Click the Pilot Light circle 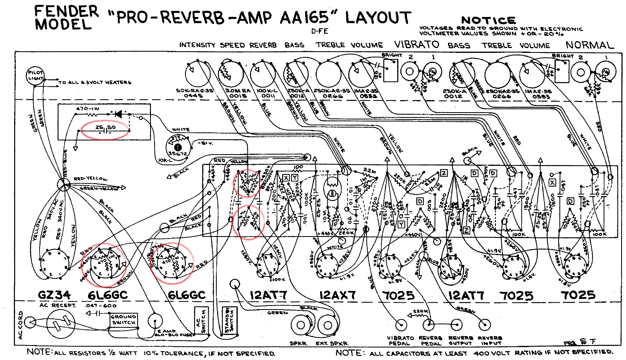(x=36, y=75)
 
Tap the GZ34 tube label (x=54, y=295)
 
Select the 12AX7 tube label (x=337, y=295)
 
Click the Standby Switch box (x=229, y=320)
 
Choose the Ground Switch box (x=124, y=320)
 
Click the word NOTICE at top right (x=488, y=20)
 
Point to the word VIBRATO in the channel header (x=417, y=44)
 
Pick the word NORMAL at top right (x=589, y=45)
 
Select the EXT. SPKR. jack (x=327, y=325)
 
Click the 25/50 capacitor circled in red (x=105, y=129)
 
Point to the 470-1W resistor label (x=88, y=109)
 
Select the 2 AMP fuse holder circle (x=155, y=321)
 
